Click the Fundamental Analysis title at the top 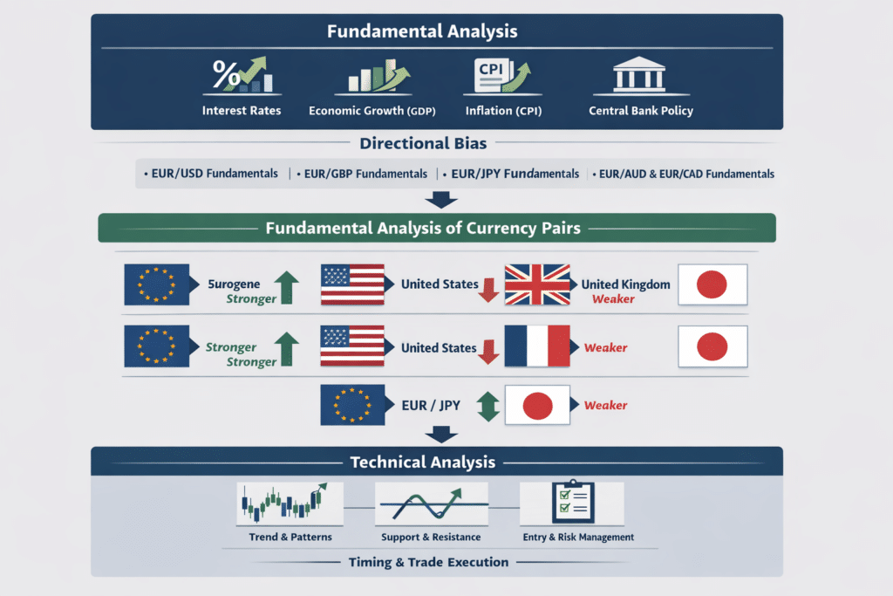pos(421,31)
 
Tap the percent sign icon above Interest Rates pos(228,77)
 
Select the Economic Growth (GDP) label pos(372,111)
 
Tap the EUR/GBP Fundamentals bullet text pos(365,174)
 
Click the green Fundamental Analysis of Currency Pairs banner pos(436,229)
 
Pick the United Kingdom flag pos(536,284)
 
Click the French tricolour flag pos(536,347)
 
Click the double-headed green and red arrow pos(487,406)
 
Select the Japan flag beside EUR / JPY pos(538,406)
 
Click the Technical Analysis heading pos(422,462)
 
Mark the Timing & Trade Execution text pos(428,562)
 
